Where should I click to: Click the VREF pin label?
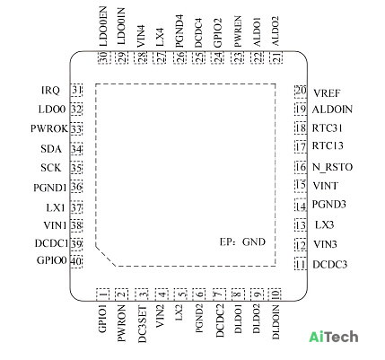coord(327,93)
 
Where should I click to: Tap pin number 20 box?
coord(301,91)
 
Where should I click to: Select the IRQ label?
coord(50,90)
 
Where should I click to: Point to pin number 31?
coord(76,90)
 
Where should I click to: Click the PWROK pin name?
coord(49,128)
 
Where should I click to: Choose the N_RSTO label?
coord(332,167)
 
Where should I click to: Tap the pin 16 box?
coord(301,167)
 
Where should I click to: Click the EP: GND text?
coord(242,241)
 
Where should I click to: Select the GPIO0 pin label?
coord(51,260)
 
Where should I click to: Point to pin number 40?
coord(76,261)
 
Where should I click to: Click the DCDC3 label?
coord(330,265)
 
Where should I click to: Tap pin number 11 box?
coord(301,264)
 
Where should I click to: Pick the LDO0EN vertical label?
coord(103,27)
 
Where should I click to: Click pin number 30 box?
coord(104,57)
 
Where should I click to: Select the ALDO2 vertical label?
coord(275,31)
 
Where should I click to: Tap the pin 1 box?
coord(102,294)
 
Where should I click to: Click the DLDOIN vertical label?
coord(276,322)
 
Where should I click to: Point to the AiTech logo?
coord(334,337)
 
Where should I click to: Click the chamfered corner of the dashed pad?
coord(106,256)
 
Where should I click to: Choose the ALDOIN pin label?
coord(332,110)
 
